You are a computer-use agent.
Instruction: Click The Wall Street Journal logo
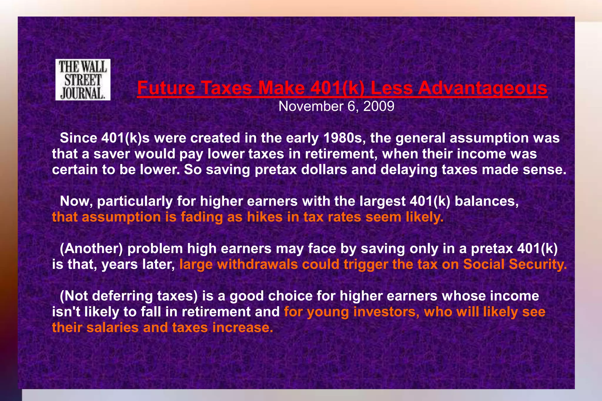83,80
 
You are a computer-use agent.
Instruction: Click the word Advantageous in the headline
483,88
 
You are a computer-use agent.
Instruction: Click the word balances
486,201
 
